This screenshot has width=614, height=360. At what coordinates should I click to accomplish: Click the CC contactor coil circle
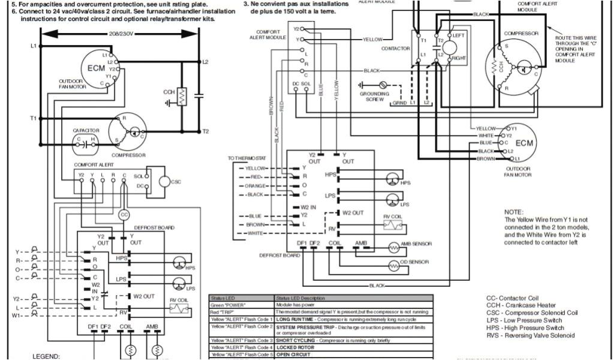(124, 214)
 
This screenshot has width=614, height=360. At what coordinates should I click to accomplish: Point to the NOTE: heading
(514, 212)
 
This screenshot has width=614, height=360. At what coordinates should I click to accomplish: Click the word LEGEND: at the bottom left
(46, 356)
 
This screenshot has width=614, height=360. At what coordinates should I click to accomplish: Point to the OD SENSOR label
(414, 263)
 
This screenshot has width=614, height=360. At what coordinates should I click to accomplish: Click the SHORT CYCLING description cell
(324, 340)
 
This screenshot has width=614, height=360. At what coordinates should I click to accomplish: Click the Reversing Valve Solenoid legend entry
(530, 335)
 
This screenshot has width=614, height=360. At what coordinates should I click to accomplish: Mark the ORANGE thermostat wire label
(255, 186)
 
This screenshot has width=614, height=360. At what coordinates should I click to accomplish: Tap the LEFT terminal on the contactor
(458, 36)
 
